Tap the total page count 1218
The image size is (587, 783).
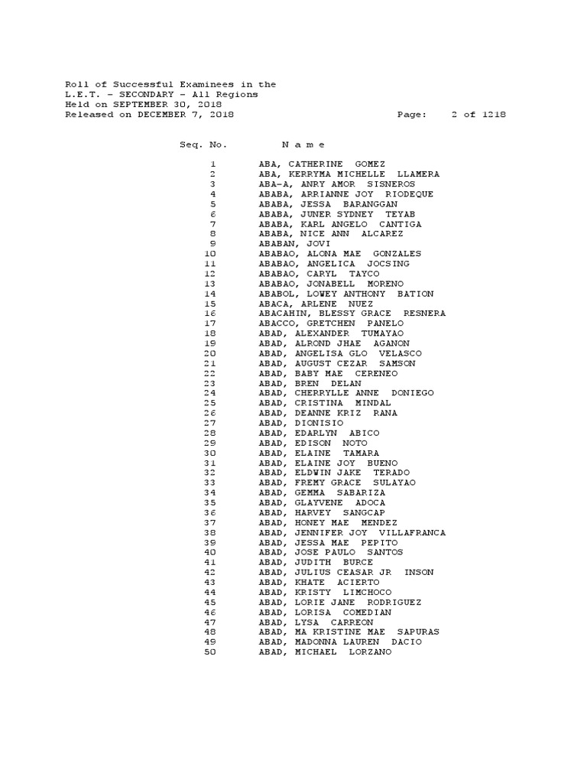pyautogui.click(x=494, y=115)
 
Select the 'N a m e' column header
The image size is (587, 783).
pyautogui.click(x=303, y=145)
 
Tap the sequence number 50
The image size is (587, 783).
pyautogui.click(x=210, y=652)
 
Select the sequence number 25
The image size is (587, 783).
pyautogui.click(x=210, y=403)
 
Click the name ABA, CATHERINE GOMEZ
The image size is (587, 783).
pyautogui.click(x=322, y=164)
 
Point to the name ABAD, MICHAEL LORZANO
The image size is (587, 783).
pyautogui.click(x=325, y=652)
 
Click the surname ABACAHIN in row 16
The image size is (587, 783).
pyautogui.click(x=282, y=314)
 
